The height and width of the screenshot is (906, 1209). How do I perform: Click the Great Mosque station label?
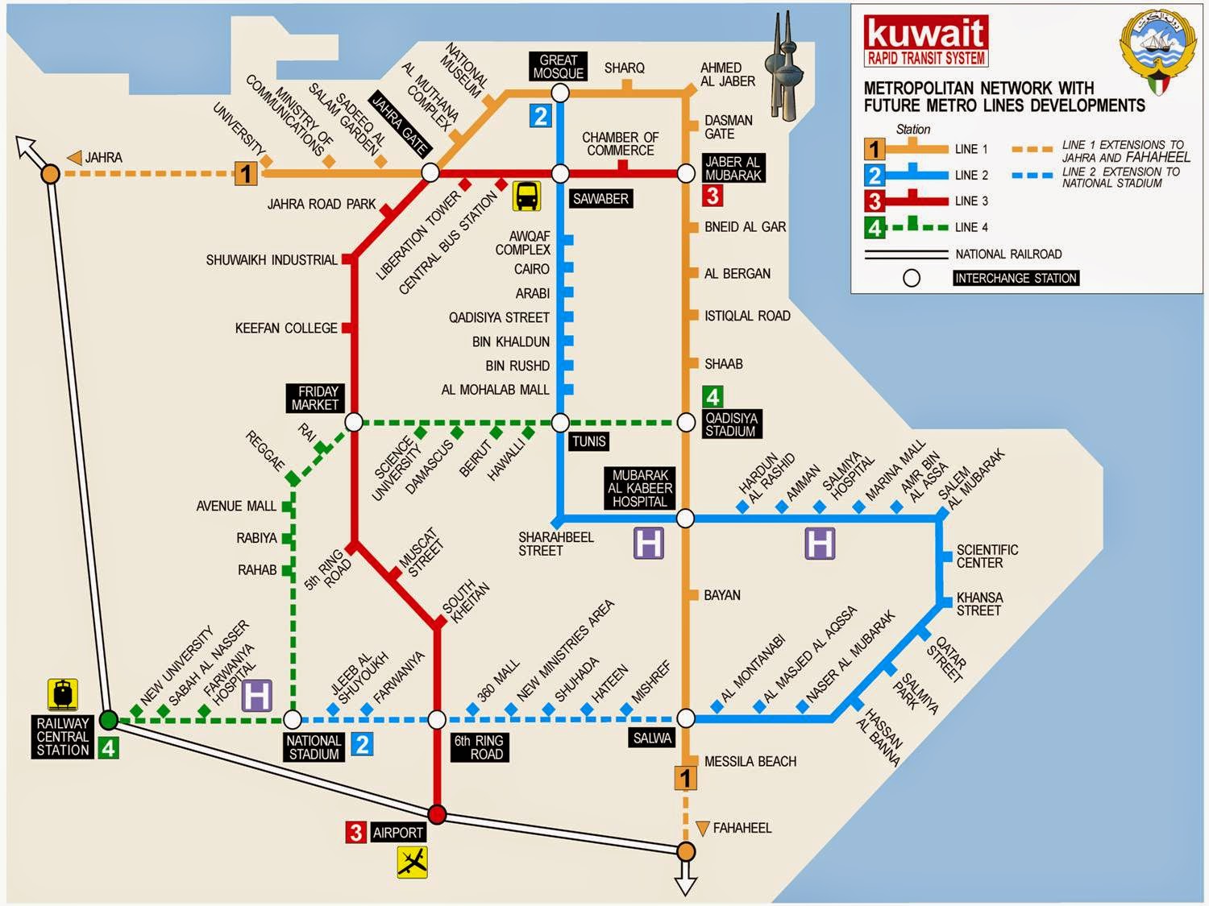click(x=558, y=66)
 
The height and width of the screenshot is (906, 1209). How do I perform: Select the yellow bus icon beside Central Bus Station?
click(x=526, y=195)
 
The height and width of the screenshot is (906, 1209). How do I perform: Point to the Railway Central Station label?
click(x=63, y=736)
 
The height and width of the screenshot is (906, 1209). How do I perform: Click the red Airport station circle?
click(x=437, y=814)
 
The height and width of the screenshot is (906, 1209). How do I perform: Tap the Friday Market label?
click(x=316, y=398)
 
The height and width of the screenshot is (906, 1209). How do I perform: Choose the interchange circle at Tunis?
click(x=560, y=422)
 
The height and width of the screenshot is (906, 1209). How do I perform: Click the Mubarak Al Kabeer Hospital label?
click(x=640, y=488)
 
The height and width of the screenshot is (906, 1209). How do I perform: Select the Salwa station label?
click(x=652, y=738)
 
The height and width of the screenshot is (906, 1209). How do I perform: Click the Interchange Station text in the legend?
click(x=1015, y=278)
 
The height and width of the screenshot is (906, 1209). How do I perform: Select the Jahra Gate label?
click(x=399, y=125)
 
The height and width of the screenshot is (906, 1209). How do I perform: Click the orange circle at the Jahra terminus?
click(x=50, y=173)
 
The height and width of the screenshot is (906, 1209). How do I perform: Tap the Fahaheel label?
click(x=742, y=827)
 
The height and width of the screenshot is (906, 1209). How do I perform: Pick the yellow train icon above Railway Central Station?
click(x=63, y=693)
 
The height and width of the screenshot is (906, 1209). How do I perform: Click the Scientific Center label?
click(x=987, y=556)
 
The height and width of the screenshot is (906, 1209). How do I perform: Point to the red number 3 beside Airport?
click(x=355, y=832)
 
